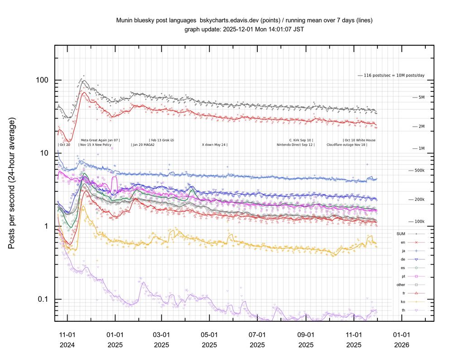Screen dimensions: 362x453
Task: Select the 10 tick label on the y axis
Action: (x=44, y=153)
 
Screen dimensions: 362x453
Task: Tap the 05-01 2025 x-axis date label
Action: (x=209, y=340)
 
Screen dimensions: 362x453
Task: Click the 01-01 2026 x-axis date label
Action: (x=401, y=340)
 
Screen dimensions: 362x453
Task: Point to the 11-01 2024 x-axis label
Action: (x=67, y=340)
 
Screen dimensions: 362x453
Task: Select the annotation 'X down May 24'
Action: (x=214, y=145)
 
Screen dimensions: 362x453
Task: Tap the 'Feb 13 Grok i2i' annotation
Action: (x=162, y=140)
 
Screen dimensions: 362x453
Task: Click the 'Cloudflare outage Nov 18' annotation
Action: (x=347, y=145)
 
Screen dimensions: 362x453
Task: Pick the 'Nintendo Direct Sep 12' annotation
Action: (x=296, y=145)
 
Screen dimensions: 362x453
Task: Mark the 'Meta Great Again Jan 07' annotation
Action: (x=100, y=140)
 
